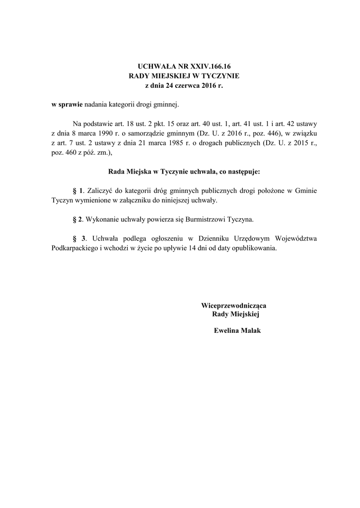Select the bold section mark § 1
(77, 191)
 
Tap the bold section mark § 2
(77, 219)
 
